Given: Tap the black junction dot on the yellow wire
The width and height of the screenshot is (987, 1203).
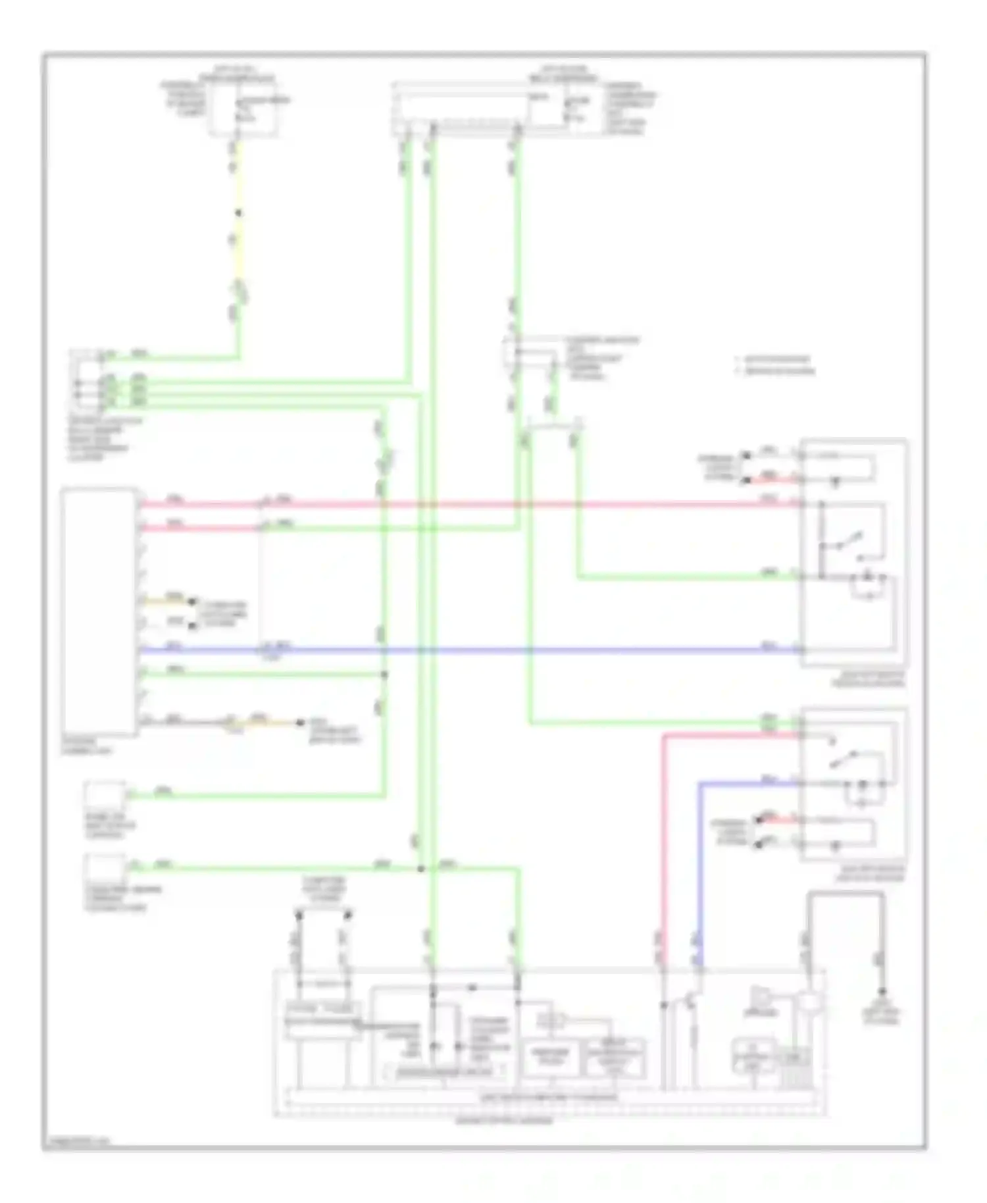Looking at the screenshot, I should (x=238, y=213).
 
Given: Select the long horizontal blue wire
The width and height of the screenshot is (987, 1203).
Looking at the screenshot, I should (x=461, y=651).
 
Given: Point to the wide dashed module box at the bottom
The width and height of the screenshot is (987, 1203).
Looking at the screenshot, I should (x=549, y=1043).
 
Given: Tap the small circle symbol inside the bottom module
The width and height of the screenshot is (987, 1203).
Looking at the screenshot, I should (x=808, y=1002).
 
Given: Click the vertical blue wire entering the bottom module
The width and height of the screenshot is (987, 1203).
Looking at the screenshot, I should (x=699, y=875).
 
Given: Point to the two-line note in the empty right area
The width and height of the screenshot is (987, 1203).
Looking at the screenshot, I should (x=776, y=365).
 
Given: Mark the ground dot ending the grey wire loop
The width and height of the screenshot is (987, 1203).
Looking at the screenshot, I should (x=882, y=992).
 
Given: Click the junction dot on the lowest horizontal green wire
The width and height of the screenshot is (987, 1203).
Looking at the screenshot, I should (x=421, y=869).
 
